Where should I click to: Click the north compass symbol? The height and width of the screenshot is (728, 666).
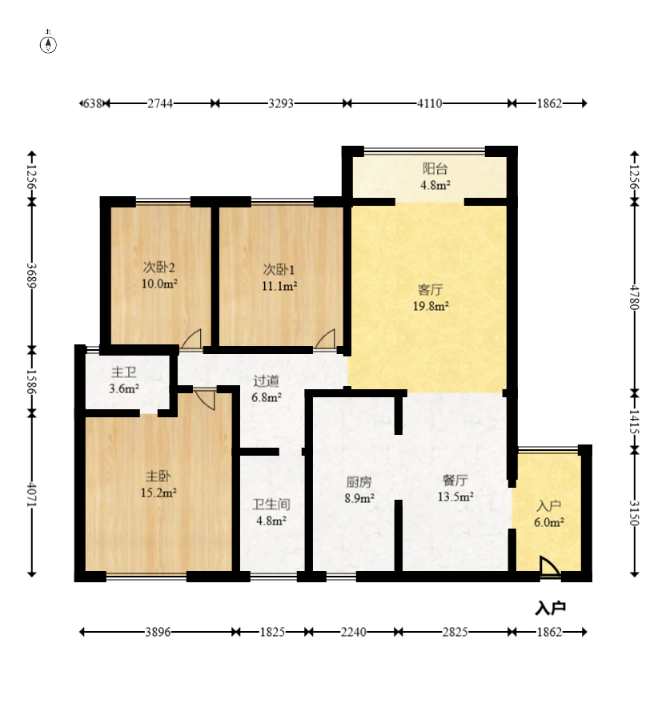(48, 43)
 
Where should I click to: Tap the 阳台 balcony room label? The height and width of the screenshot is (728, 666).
(435, 168)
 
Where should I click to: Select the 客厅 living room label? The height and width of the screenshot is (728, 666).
(430, 290)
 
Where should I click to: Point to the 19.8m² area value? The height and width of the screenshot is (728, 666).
(431, 306)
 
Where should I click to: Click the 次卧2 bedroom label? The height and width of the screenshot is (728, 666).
(158, 267)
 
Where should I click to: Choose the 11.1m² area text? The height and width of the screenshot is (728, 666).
(279, 286)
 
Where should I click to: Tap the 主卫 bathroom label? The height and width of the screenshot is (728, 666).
(124, 372)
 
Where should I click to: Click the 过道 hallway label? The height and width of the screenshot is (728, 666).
(267, 380)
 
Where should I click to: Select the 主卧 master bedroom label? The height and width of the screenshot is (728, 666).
(158, 476)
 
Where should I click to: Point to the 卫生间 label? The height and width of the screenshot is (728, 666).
(271, 505)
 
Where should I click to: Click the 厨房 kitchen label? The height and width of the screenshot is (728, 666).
(359, 482)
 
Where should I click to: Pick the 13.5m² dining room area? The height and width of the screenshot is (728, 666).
(455, 497)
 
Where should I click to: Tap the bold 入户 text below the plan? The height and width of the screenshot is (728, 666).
(551, 608)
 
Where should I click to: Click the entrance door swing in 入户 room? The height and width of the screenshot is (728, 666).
(550, 567)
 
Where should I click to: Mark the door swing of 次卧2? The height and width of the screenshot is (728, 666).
(191, 339)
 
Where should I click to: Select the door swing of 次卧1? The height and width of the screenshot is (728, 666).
(325, 339)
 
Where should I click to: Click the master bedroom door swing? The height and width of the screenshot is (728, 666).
(205, 400)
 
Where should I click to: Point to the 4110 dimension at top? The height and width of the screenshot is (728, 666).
(429, 103)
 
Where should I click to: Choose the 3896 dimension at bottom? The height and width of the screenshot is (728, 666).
(158, 632)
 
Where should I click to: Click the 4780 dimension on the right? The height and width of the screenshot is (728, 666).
(635, 297)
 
